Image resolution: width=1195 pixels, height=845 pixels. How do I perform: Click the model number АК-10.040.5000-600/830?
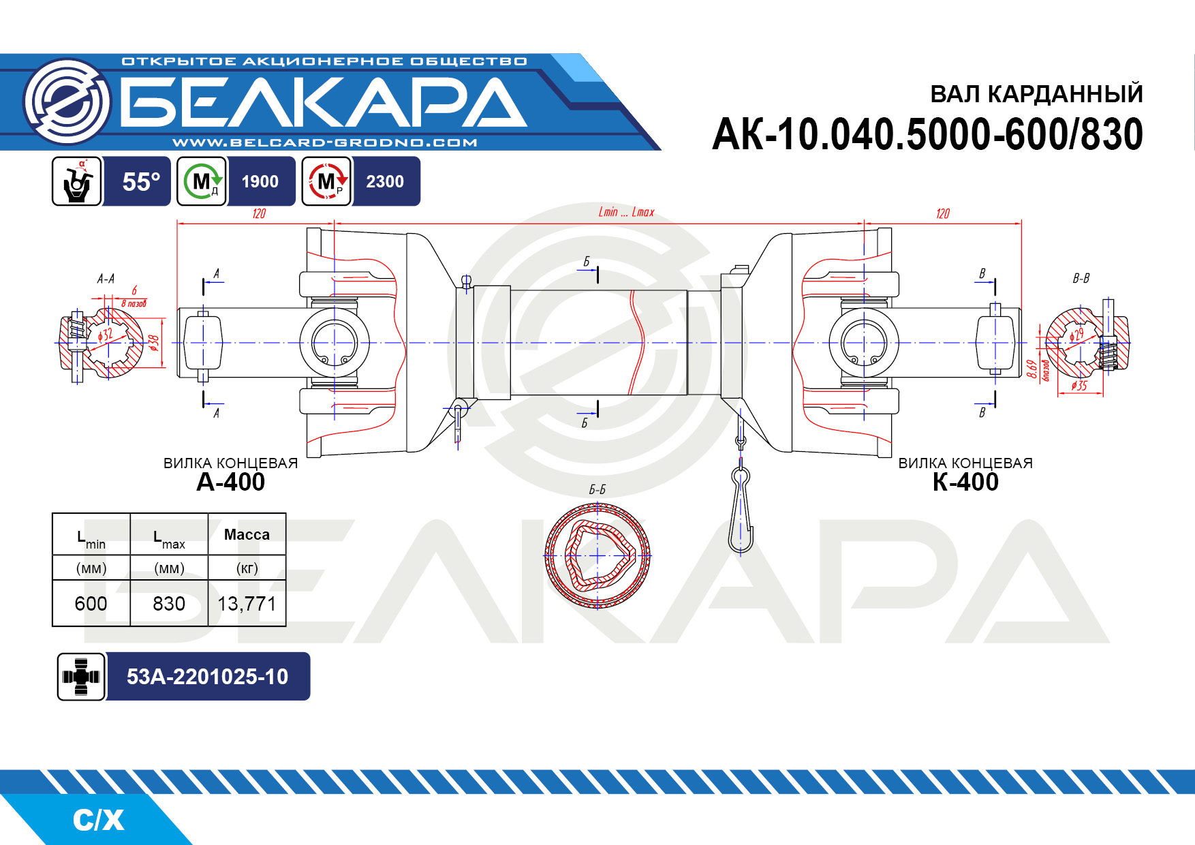tap(927, 134)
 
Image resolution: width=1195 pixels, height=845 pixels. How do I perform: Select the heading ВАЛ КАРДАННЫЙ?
tap(1036, 93)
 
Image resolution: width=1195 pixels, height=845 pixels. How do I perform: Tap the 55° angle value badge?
tap(141, 182)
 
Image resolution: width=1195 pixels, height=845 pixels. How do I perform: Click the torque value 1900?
tap(260, 181)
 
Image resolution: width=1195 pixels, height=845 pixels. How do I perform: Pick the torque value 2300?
tap(385, 181)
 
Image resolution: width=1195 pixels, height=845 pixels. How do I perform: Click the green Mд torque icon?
tap(202, 181)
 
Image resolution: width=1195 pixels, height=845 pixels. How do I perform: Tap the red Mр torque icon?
tap(326, 181)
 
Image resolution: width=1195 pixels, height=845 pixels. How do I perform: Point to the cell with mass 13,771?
tap(247, 604)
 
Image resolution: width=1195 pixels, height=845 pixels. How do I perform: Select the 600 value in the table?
tap(91, 604)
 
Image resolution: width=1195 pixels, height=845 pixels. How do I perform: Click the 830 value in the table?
tap(169, 604)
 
